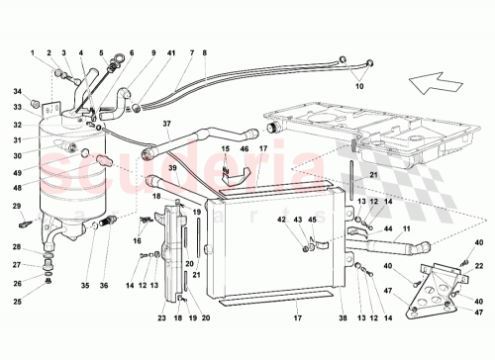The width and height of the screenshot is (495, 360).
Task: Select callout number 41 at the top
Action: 171,51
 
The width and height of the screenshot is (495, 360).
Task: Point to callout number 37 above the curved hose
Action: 167,126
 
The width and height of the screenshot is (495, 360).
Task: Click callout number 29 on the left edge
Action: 16,206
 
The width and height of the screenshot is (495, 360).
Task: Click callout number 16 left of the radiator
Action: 138,240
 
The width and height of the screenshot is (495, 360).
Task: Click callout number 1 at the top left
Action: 33,51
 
